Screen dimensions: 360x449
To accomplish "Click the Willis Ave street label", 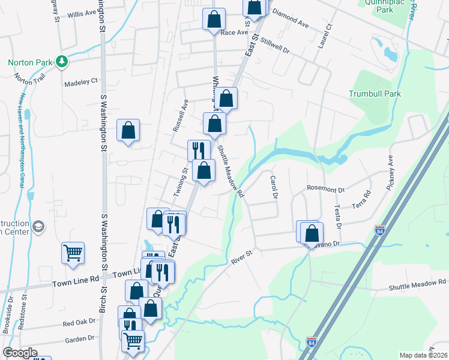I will click(x=82, y=13).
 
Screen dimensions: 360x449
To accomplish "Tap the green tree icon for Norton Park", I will click(x=61, y=62).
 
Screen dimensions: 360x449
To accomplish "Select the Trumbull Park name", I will click(x=375, y=94).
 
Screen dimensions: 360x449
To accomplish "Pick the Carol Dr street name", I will click(x=274, y=187).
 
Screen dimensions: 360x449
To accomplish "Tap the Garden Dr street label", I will click(x=80, y=338).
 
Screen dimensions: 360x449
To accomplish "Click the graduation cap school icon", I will click(x=39, y=226).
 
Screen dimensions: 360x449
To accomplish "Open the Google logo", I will click(x=20, y=353).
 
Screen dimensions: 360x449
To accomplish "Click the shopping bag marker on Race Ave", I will click(x=214, y=19).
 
